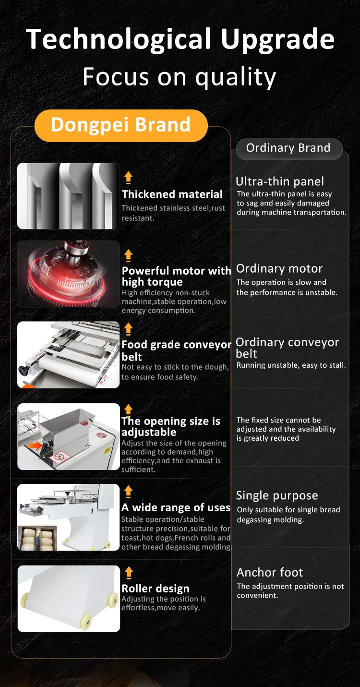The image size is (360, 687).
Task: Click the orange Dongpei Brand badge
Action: pyautogui.click(x=120, y=125)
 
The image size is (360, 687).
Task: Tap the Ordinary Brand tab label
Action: pyautogui.click(x=288, y=148)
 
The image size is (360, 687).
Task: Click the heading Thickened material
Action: pyautogui.click(x=172, y=194)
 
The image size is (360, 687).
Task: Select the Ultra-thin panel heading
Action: pyautogui.click(x=279, y=181)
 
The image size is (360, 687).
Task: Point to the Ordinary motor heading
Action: pyautogui.click(x=279, y=268)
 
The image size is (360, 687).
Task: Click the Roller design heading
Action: pyautogui.click(x=155, y=589)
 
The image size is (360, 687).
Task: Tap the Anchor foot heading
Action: pyautogui.click(x=269, y=572)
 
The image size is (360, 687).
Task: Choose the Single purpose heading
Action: pyautogui.click(x=277, y=495)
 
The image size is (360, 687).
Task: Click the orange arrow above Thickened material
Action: pyautogui.click(x=128, y=178)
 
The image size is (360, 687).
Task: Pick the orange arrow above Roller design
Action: pyautogui.click(x=128, y=572)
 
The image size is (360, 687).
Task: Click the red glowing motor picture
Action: pyautogui.click(x=68, y=274)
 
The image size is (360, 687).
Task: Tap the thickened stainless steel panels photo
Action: pyautogui.click(x=68, y=196)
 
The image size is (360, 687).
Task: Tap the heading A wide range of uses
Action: pyautogui.click(x=176, y=507)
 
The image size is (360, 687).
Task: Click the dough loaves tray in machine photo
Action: pyautogui.click(x=37, y=538)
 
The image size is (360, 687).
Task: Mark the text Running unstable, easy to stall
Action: pyautogui.click(x=291, y=365)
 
